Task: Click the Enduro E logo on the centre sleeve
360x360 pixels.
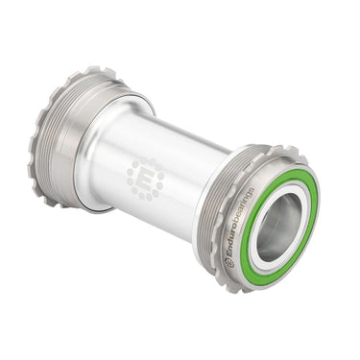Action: (145, 179)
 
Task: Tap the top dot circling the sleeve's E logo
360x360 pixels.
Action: (145, 160)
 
